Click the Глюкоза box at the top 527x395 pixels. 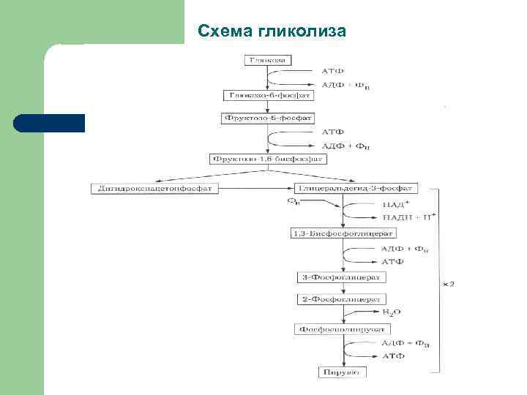click(x=269, y=59)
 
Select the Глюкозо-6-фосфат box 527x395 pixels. click(x=269, y=95)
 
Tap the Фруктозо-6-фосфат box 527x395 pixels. click(x=269, y=118)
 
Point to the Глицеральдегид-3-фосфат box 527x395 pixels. click(x=356, y=188)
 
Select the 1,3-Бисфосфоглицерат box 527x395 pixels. click(x=343, y=233)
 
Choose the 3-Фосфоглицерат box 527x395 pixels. click(x=343, y=278)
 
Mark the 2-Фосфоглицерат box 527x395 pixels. click(x=343, y=300)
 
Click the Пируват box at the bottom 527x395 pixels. click(x=343, y=373)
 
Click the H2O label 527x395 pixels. click(x=391, y=312)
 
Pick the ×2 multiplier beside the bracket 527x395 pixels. click(x=448, y=284)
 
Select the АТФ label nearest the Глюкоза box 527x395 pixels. click(x=332, y=71)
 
